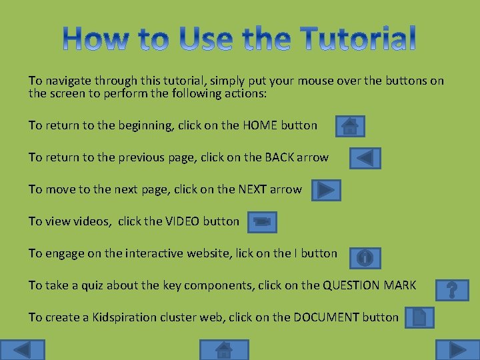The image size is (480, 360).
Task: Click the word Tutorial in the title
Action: pyautogui.click(x=359, y=39)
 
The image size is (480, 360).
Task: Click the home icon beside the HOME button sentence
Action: pyautogui.click(x=350, y=125)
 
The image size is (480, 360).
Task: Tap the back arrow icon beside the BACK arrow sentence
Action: pyautogui.click(x=365, y=158)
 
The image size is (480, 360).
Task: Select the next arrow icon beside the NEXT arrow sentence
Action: pyautogui.click(x=325, y=190)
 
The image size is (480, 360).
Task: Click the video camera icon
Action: pyautogui.click(x=262, y=222)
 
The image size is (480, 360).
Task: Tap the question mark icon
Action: pyautogui.click(x=452, y=289)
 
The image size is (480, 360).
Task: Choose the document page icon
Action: pyautogui.click(x=419, y=317)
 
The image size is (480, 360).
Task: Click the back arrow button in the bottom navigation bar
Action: pyautogui.click(x=22, y=350)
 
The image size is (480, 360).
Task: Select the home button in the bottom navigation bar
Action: pyautogui.click(x=224, y=350)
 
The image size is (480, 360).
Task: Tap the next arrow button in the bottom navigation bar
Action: pyautogui.click(x=457, y=350)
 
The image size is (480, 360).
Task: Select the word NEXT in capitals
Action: pyautogui.click(x=253, y=189)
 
